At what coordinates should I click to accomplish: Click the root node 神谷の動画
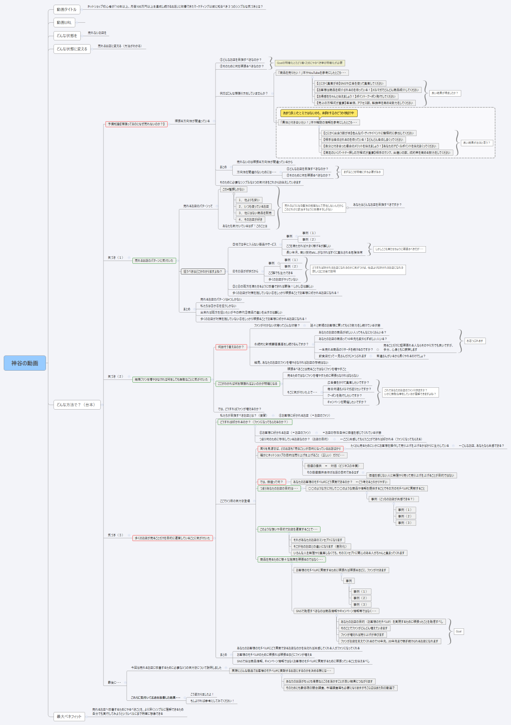coord(25,363)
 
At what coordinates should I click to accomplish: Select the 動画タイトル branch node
coord(66,9)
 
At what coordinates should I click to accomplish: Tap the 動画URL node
coord(64,22)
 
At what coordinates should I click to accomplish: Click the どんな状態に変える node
coord(72,49)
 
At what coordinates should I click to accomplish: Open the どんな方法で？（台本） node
coord(77,405)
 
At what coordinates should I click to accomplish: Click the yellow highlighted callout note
coord(318,113)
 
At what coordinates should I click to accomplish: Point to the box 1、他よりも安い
coord(249,200)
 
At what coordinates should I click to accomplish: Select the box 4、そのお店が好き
coord(250,219)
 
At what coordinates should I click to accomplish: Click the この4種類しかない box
coord(233,189)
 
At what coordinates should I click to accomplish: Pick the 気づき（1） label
coord(116,258)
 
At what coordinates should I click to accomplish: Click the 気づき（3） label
coord(116,535)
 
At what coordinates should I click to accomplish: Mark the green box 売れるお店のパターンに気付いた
coord(154,261)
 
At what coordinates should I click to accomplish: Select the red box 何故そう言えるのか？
coord(230,347)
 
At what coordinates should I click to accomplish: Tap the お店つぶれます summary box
coord(475,341)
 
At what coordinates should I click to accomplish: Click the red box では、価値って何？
coord(271,482)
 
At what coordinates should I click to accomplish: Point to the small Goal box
coord(459,631)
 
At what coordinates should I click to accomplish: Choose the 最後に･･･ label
coord(114,682)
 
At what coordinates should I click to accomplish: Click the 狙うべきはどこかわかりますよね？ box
coord(203,271)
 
